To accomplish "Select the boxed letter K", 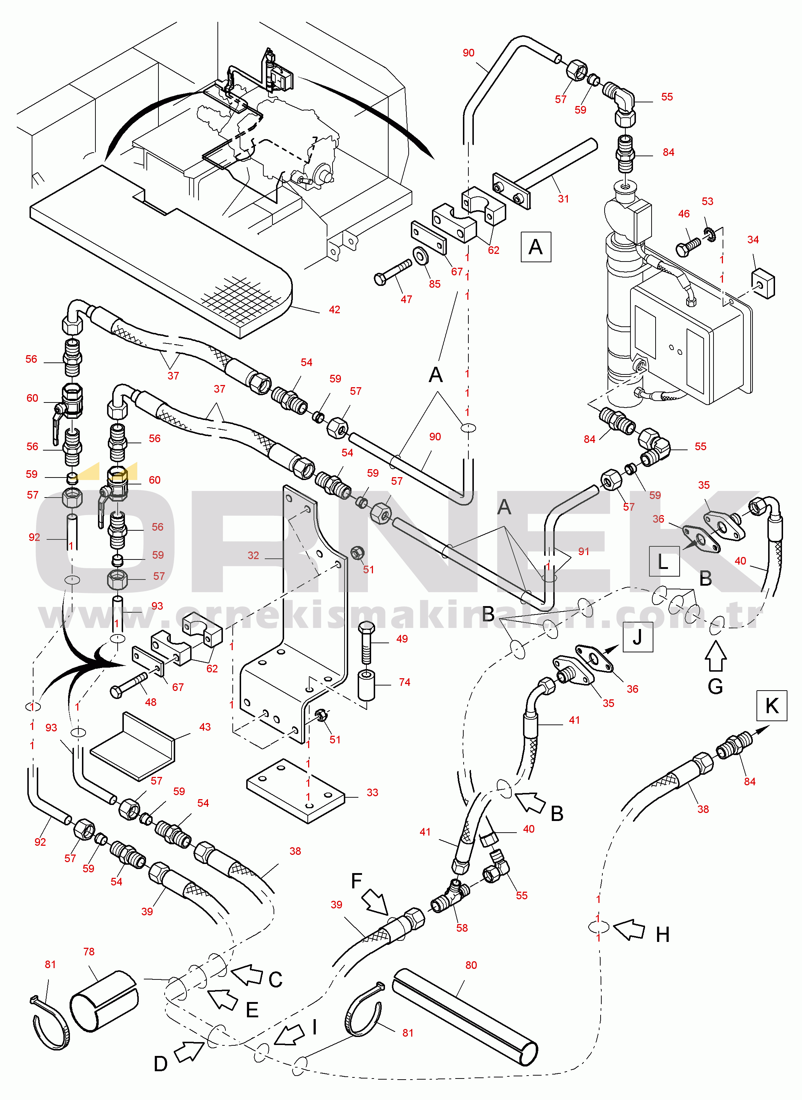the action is point(771,706).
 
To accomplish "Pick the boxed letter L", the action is point(664,561).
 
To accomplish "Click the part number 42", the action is point(334,310).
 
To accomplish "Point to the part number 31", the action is point(563,199).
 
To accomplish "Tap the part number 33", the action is point(372,792).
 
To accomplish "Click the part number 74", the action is point(404,682).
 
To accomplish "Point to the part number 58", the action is point(462,928).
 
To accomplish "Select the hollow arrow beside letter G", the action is point(716,656).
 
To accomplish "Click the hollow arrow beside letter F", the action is point(375,901).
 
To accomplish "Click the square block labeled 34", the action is point(763,284).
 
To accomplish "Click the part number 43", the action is point(205,727).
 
